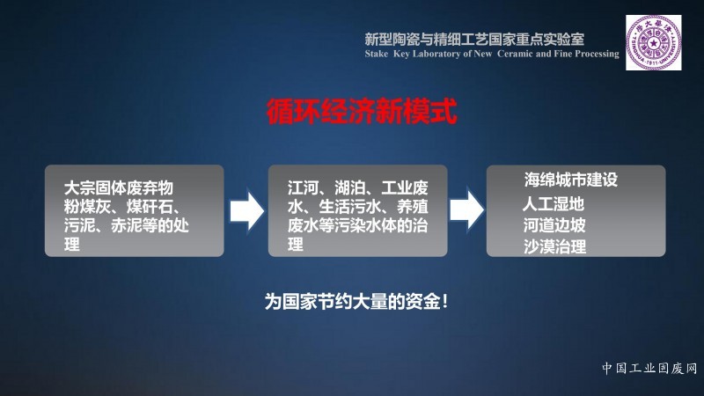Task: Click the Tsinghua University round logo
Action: pyautogui.click(x=653, y=42)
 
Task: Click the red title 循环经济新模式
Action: pyautogui.click(x=362, y=112)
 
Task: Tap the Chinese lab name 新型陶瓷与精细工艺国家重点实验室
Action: pyautogui.click(x=474, y=40)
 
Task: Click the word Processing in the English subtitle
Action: pyautogui.click(x=597, y=54)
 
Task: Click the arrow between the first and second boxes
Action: pyautogui.click(x=247, y=211)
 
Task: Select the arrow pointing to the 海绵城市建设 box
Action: pyautogui.click(x=467, y=209)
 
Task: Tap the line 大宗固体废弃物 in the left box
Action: pyautogui.click(x=119, y=187)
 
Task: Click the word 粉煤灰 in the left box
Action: pyautogui.click(x=87, y=207)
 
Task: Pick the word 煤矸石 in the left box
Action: pyautogui.click(x=150, y=207)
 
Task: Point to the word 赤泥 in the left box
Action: pyautogui.click(x=126, y=226)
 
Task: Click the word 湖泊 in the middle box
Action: pyautogui.click(x=349, y=187)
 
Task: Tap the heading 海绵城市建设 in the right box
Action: pyautogui.click(x=570, y=180)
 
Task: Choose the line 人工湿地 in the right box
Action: pyautogui.click(x=554, y=204)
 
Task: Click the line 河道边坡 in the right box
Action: pyautogui.click(x=554, y=225)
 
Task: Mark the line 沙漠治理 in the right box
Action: pyautogui.click(x=555, y=246)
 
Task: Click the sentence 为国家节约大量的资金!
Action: pyautogui.click(x=356, y=301)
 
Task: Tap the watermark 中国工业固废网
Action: pyautogui.click(x=649, y=369)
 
